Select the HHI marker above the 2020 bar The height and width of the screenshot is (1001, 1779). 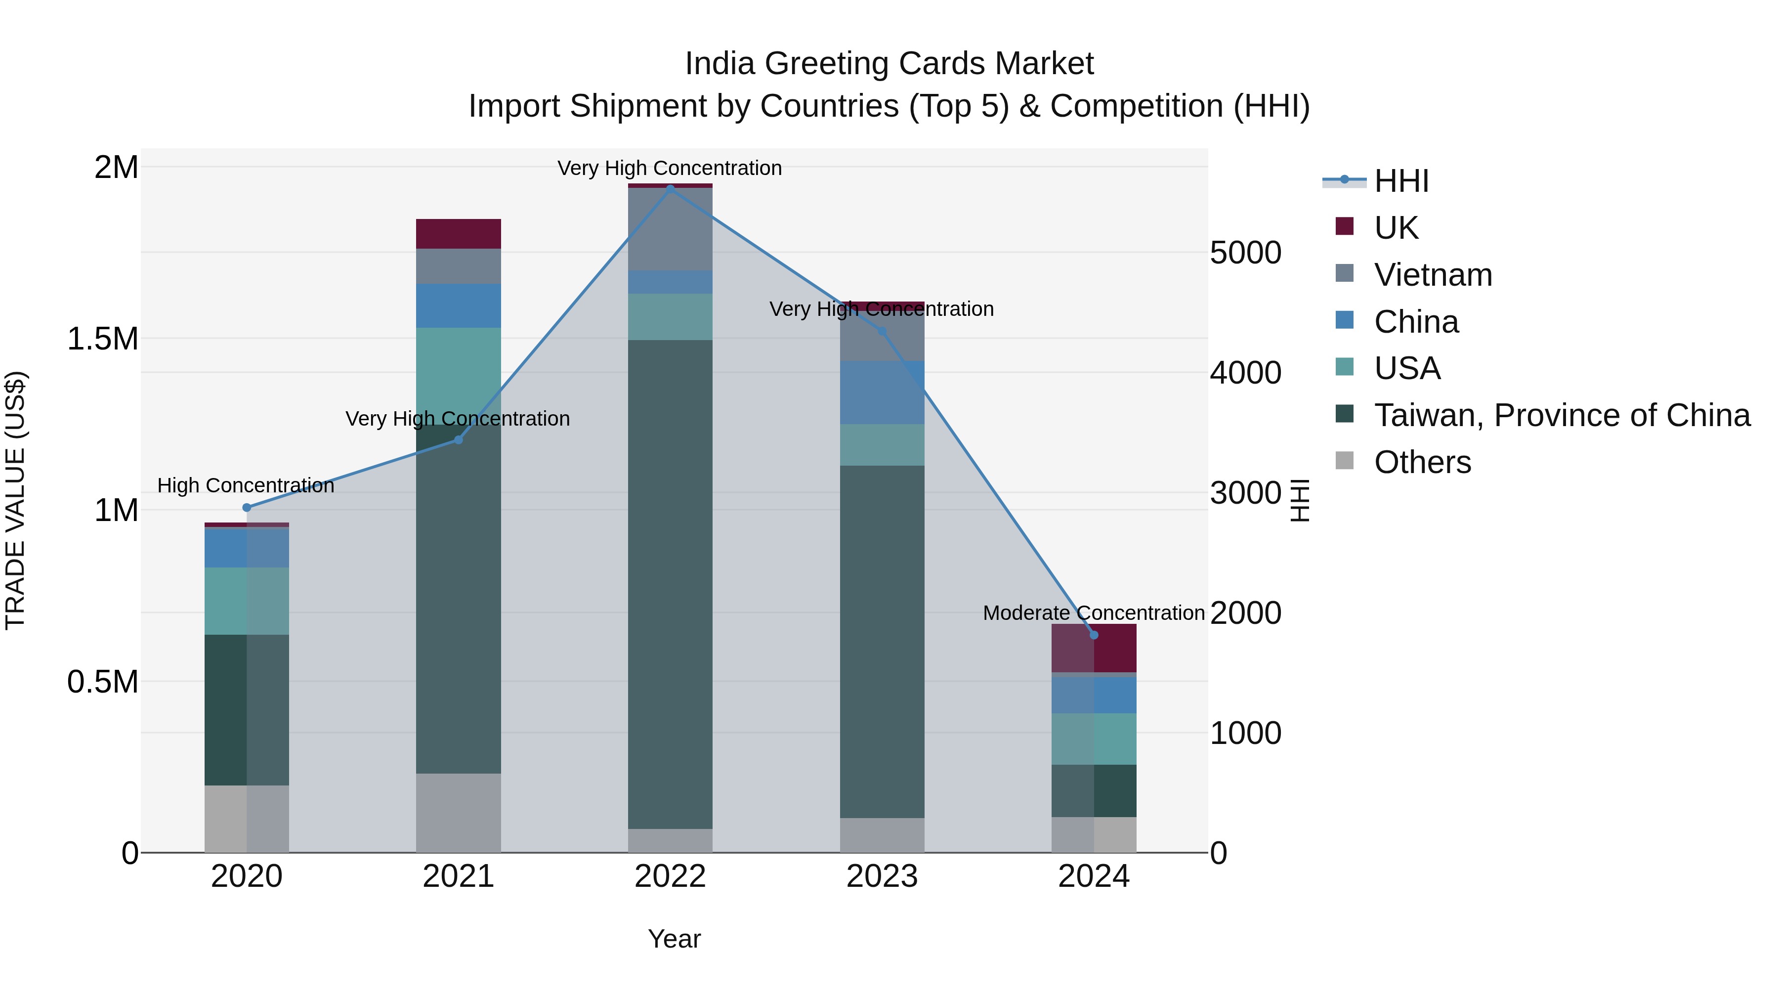[247, 508]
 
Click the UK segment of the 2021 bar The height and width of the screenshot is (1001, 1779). [458, 233]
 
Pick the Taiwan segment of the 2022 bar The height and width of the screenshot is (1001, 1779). [670, 584]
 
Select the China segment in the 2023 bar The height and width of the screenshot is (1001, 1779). [882, 392]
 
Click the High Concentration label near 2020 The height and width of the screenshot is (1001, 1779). [246, 485]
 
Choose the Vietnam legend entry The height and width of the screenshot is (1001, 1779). [1433, 275]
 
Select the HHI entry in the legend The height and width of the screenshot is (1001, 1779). [1400, 181]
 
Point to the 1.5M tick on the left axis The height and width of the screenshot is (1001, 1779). [102, 339]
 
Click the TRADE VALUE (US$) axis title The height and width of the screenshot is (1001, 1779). [15, 500]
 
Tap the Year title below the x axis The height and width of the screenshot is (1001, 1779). [674, 939]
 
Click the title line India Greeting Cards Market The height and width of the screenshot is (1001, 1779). [889, 64]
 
